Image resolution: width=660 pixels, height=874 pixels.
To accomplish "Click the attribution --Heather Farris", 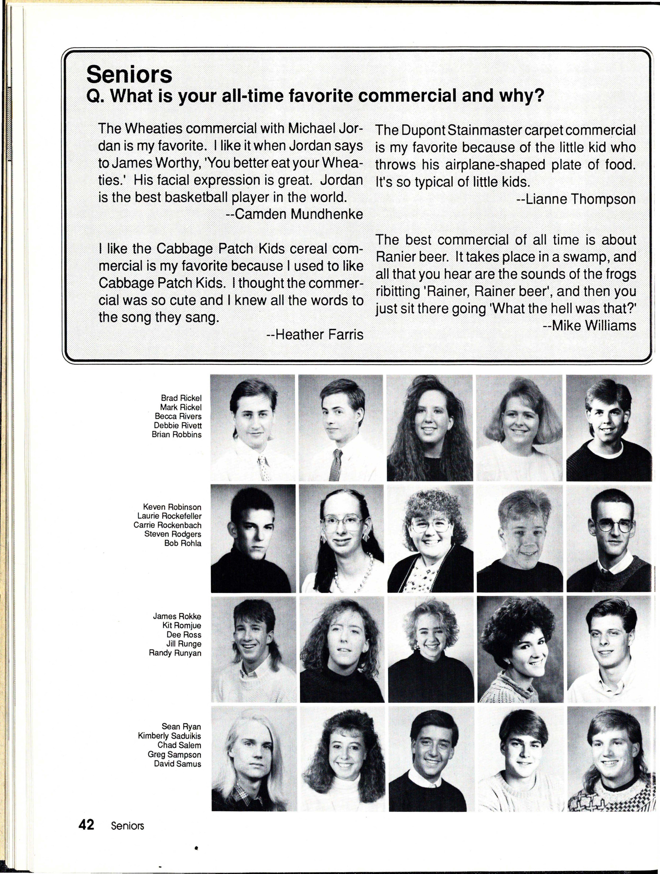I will (x=315, y=335).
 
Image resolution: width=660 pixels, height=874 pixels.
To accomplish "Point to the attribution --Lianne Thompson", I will (x=576, y=199).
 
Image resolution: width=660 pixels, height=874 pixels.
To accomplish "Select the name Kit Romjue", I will (x=182, y=625).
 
